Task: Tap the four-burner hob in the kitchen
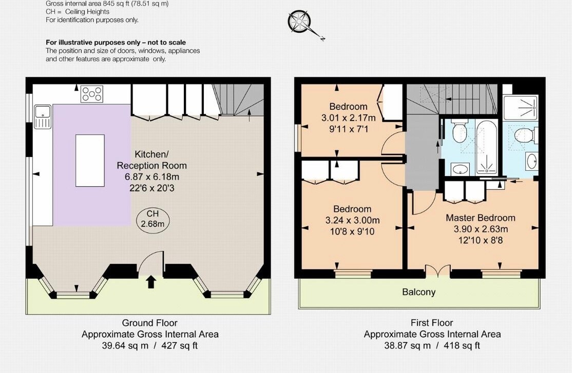tap(91, 94)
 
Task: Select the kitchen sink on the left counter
tap(42, 116)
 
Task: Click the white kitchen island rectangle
tap(90, 161)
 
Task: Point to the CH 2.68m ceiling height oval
tap(152, 219)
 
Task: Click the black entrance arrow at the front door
tap(151, 282)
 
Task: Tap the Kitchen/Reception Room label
tap(152, 160)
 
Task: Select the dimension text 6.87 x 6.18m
tap(152, 177)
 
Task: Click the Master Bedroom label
tap(481, 218)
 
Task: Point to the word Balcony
tap(419, 292)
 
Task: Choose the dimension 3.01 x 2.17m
tap(348, 118)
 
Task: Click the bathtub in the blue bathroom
tap(486, 147)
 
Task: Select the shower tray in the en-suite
tap(521, 108)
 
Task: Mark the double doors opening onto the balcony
tap(438, 270)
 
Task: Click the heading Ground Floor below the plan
tap(149, 323)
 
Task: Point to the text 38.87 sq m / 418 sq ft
tap(432, 346)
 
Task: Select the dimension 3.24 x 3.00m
tap(352, 220)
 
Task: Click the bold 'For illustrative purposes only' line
tap(116, 42)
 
